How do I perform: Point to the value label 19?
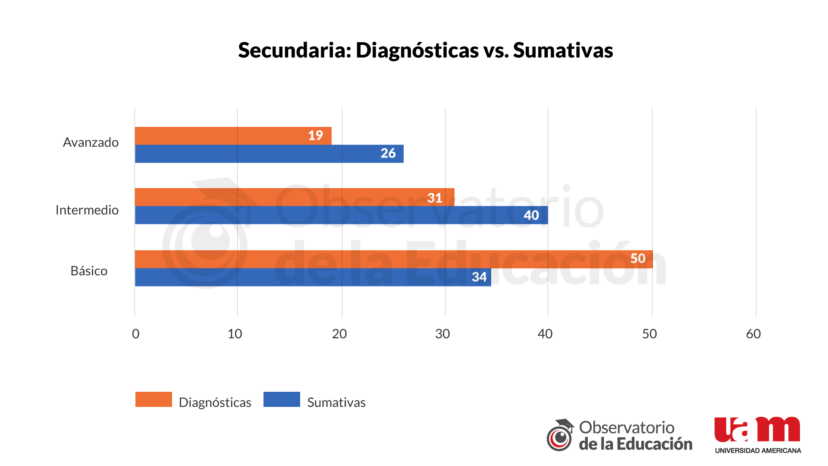[x=315, y=135]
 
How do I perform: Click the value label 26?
[x=388, y=153]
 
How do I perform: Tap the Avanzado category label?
[x=91, y=142]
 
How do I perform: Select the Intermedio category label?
[x=87, y=210]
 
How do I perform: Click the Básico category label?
[x=89, y=271]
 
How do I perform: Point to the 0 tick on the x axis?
[x=135, y=334]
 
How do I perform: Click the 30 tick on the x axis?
[x=442, y=334]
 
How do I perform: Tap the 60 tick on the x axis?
[x=753, y=334]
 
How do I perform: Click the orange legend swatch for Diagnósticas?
[x=154, y=400]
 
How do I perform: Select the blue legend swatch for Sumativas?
[x=282, y=400]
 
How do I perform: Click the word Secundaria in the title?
[x=295, y=50]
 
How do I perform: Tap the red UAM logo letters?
[x=757, y=430]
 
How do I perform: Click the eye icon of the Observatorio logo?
[x=560, y=438]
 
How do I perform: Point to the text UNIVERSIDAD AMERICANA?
[x=758, y=450]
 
